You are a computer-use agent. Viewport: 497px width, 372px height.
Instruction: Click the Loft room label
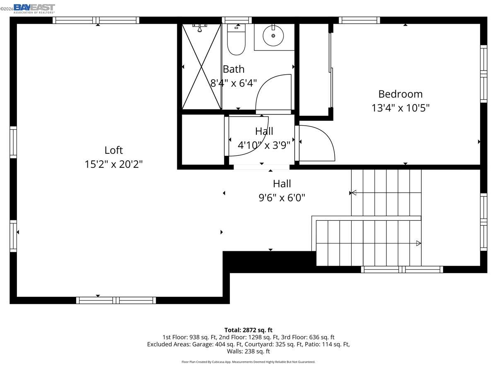pyautogui.click(x=113, y=150)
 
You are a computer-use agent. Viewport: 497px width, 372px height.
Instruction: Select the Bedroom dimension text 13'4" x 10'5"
pyautogui.click(x=400, y=108)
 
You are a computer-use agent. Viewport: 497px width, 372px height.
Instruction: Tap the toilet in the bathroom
pyautogui.click(x=236, y=41)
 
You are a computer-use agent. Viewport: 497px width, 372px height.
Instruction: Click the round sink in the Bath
pyautogui.click(x=273, y=36)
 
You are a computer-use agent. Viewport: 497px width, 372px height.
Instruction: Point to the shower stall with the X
pyautogui.click(x=202, y=67)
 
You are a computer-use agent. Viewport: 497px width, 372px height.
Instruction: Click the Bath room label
pyautogui.click(x=234, y=69)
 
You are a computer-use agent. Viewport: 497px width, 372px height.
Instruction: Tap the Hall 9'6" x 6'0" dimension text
pyautogui.click(x=282, y=198)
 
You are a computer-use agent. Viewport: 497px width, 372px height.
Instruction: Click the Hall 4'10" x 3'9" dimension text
pyautogui.click(x=264, y=145)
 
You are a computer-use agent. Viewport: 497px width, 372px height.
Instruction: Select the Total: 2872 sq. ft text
pyautogui.click(x=248, y=330)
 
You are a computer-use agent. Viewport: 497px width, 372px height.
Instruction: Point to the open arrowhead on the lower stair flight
pyautogui.click(x=418, y=243)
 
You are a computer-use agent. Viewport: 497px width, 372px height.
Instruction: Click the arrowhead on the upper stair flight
pyautogui.click(x=353, y=193)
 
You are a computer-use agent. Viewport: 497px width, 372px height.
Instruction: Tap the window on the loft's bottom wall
pyautogui.click(x=116, y=300)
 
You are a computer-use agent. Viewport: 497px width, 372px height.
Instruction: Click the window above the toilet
pyautogui.click(x=236, y=20)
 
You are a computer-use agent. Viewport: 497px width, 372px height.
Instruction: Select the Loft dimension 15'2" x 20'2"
pyautogui.click(x=113, y=164)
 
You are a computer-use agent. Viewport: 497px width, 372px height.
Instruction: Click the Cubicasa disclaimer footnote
pyautogui.click(x=248, y=362)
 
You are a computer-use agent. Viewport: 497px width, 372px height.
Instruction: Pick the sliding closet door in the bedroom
pyautogui.click(x=331, y=70)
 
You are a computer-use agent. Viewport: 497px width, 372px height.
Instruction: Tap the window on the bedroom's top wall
pyautogui.click(x=359, y=20)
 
